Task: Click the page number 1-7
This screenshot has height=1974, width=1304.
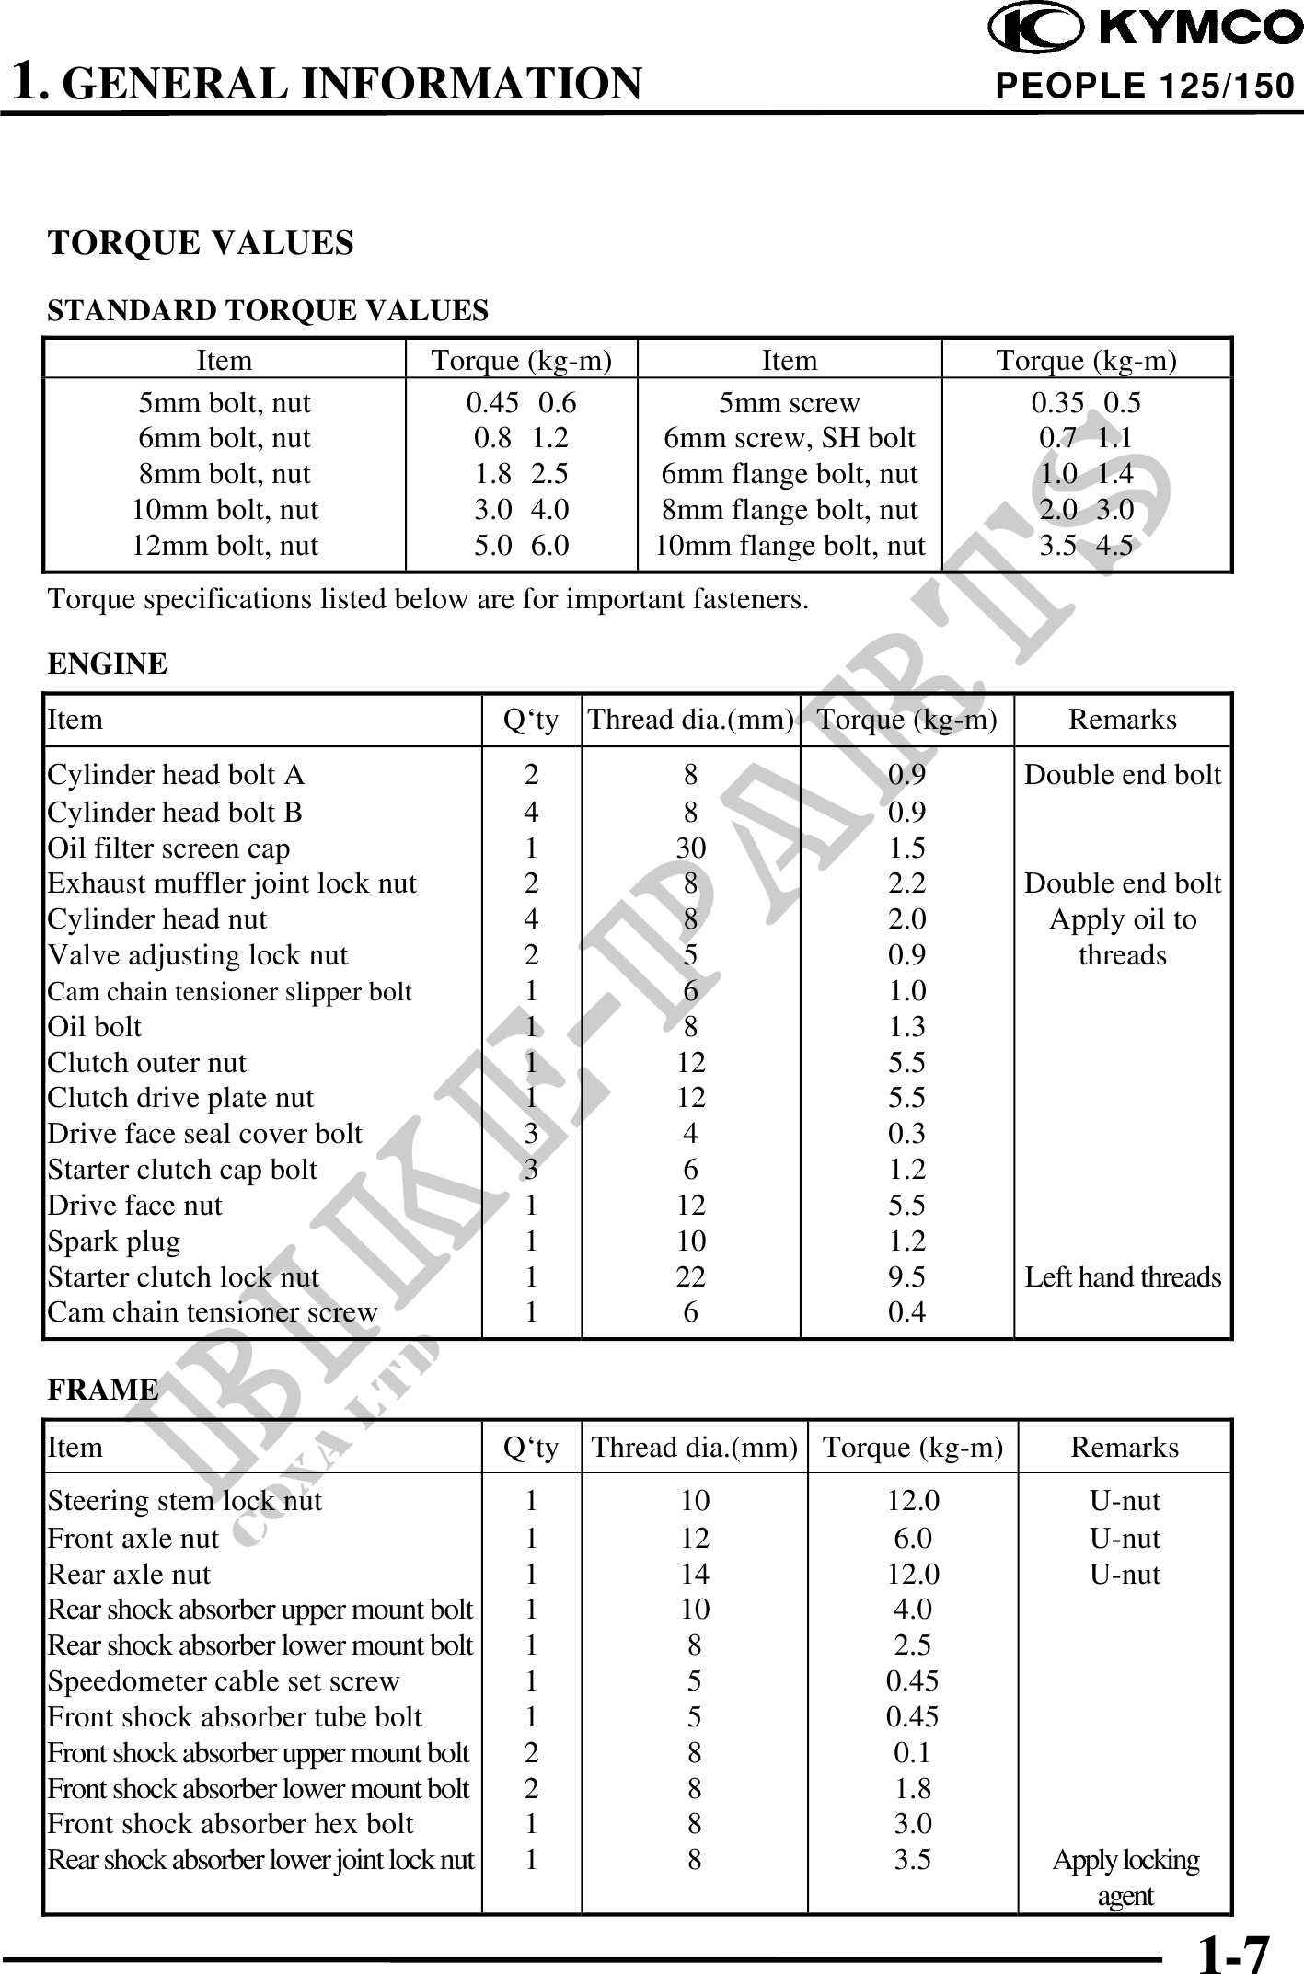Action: coord(1233,1949)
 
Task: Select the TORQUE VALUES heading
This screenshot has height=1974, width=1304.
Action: coord(201,243)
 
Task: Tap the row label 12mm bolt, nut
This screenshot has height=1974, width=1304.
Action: coord(225,546)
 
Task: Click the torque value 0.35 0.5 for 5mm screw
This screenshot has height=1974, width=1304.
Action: coord(1086,403)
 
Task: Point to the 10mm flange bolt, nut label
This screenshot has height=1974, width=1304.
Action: coord(790,546)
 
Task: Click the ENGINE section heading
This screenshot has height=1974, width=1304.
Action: coord(108,664)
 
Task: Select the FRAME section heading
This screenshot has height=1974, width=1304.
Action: coord(103,1389)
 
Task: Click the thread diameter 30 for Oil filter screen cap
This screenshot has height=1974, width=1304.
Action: coord(690,848)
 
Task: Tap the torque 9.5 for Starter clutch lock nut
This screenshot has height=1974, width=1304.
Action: coord(906,1277)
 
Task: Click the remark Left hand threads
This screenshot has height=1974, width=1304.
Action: coord(1123,1277)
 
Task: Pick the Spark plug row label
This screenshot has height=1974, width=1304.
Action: coord(114,1241)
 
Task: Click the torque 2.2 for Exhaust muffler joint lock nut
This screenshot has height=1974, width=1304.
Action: coord(906,883)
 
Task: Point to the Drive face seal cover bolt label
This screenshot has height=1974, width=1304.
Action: coord(205,1134)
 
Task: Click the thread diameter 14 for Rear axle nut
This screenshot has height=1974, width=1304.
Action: coord(695,1575)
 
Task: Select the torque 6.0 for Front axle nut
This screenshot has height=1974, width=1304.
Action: coord(913,1539)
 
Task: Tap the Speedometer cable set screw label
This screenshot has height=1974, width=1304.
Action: coord(224,1681)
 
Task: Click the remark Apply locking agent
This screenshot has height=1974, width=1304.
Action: coord(1125,1877)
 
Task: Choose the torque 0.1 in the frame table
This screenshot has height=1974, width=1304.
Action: coord(913,1753)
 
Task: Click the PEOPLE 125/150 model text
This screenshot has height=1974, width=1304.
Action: coord(1146,87)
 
